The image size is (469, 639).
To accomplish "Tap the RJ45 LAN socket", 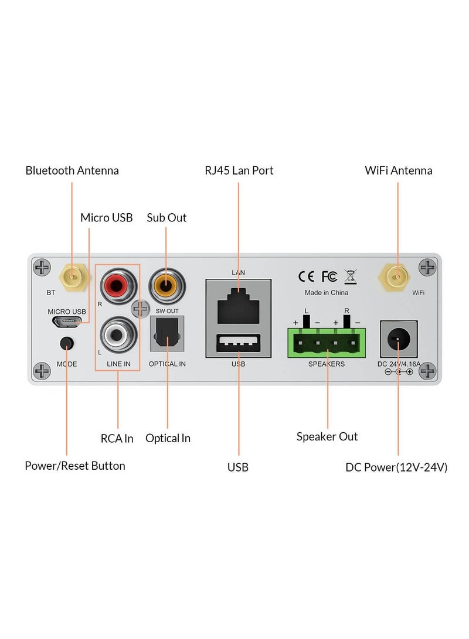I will tap(238, 304).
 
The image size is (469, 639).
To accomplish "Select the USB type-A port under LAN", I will tap(238, 344).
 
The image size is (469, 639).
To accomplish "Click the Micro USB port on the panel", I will tap(66, 322).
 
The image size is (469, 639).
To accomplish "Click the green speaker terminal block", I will tap(327, 343).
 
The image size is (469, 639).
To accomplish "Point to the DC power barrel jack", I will tap(399, 339).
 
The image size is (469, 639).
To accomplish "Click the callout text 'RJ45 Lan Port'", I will tap(239, 170).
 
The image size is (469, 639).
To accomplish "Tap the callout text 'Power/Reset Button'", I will tap(75, 466).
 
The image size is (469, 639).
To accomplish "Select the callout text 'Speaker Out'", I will tap(327, 436).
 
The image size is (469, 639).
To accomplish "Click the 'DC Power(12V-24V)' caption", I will tap(397, 467).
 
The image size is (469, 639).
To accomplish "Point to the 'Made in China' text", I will tap(326, 293).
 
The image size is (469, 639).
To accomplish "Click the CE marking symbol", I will tap(307, 276).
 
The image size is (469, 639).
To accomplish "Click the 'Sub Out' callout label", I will tap(166, 217).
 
